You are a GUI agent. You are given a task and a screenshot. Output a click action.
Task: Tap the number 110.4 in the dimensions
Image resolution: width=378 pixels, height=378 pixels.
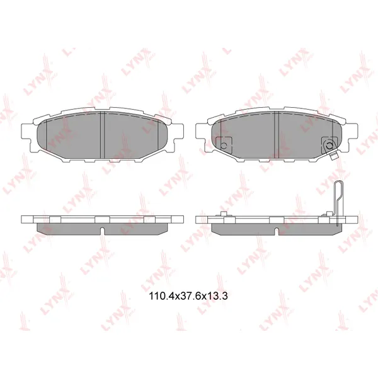click(x=160, y=294)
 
